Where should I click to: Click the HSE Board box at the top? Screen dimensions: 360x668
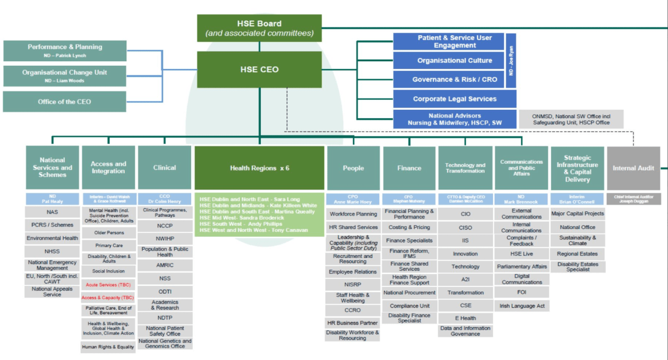(259, 28)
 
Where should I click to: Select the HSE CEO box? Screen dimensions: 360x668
(259, 70)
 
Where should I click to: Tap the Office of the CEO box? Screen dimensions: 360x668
(65, 102)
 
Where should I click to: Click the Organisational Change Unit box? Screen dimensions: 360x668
(65, 75)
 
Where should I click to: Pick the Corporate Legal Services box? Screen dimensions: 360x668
(455, 99)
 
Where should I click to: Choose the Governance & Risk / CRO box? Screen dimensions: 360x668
(455, 80)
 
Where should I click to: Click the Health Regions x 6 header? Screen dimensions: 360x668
(259, 168)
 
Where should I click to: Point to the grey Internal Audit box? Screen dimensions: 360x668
(633, 168)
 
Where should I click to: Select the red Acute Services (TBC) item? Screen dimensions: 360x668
(108, 285)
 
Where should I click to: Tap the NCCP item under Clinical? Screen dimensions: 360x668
(165, 226)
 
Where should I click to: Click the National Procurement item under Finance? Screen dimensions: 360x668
(409, 293)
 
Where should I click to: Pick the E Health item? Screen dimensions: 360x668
(465, 318)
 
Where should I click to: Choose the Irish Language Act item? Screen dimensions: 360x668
(522, 306)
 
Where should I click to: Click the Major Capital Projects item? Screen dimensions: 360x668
(577, 213)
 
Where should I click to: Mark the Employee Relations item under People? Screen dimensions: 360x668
(353, 272)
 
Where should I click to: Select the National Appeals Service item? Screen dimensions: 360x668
(52, 291)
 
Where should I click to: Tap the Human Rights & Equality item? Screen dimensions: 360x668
(108, 347)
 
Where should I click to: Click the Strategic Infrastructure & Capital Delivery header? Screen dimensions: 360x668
(577, 168)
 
